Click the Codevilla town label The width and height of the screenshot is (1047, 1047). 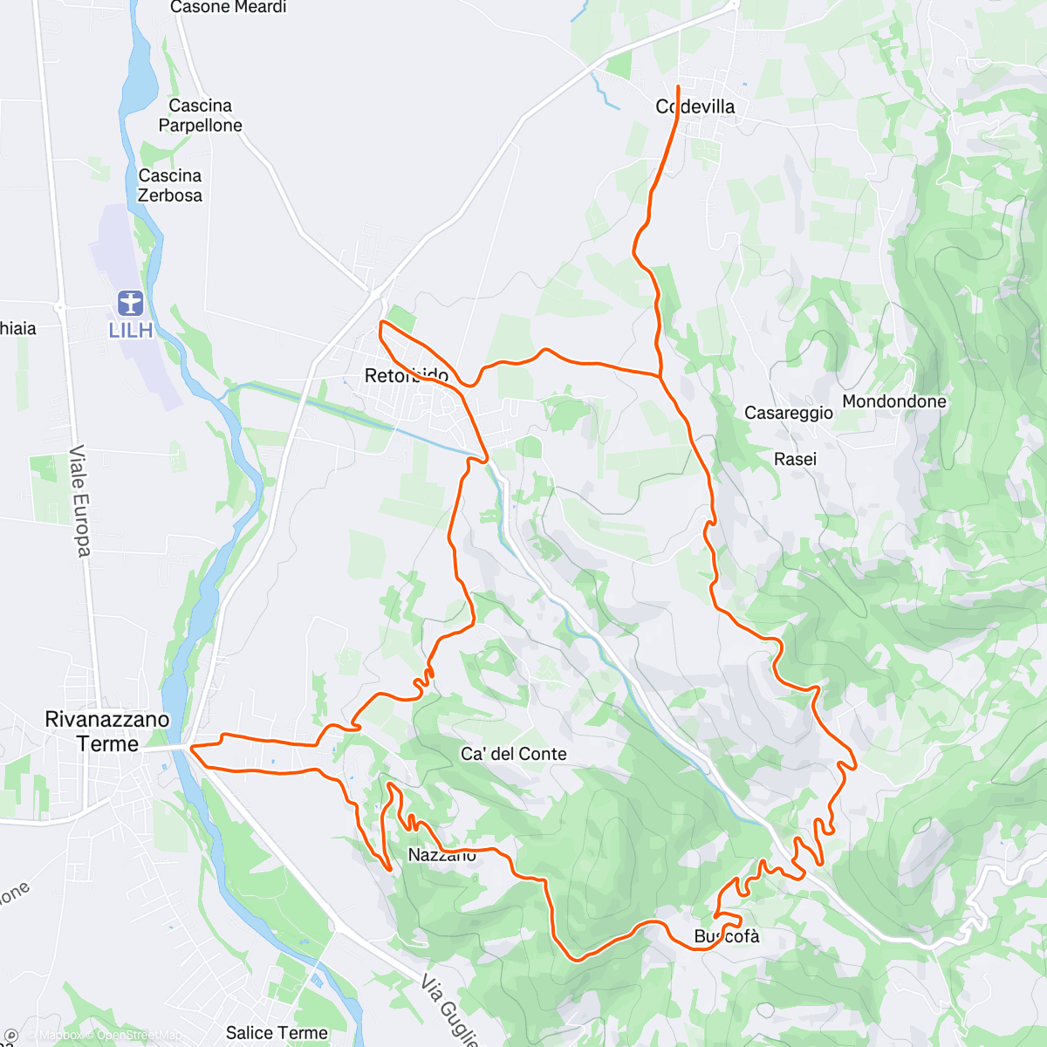(x=695, y=106)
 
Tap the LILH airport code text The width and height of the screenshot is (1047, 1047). (x=131, y=331)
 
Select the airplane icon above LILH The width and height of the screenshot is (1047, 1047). (x=131, y=304)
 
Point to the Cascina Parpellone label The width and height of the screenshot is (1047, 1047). (x=200, y=115)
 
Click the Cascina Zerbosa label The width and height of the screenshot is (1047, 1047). (x=170, y=185)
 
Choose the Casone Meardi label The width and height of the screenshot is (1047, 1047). (x=229, y=8)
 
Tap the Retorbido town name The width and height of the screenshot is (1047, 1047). (x=407, y=376)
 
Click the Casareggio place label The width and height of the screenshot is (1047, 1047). (x=789, y=413)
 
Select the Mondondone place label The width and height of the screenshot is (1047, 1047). (x=894, y=401)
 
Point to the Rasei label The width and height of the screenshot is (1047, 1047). (x=796, y=459)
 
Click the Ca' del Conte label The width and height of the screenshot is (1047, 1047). (x=514, y=754)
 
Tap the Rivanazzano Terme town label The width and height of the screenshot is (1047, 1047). (x=107, y=731)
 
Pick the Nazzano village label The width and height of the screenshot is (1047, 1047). (x=442, y=855)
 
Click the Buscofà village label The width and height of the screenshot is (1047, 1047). (x=727, y=936)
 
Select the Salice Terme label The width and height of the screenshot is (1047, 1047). (x=277, y=1033)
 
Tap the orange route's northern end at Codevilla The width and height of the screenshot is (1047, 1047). (x=678, y=86)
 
